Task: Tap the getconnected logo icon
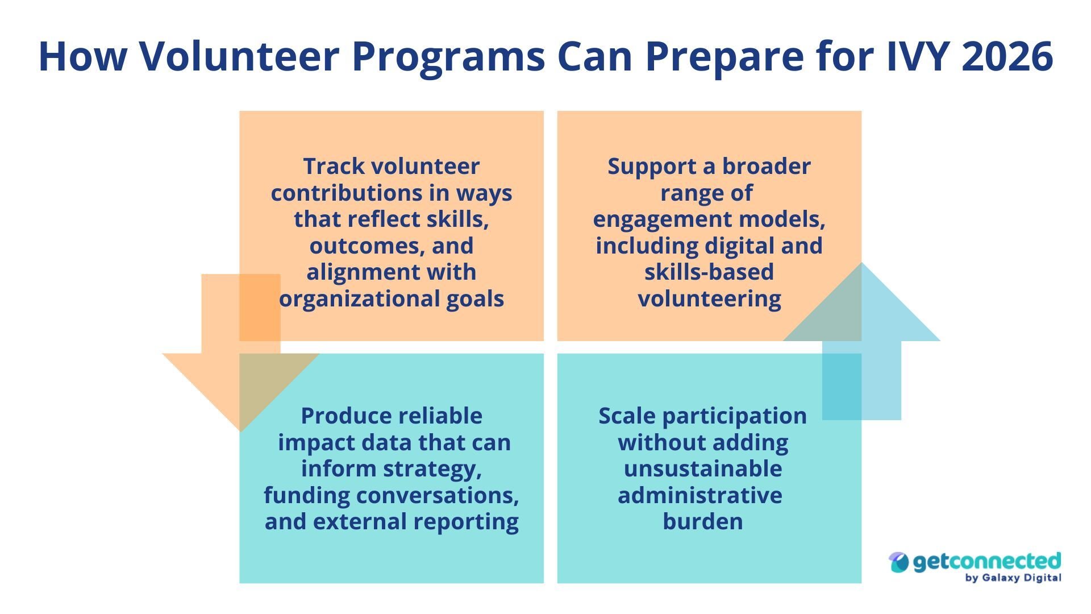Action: click(x=899, y=562)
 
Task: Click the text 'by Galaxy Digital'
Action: click(x=1013, y=578)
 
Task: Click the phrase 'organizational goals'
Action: click(x=392, y=298)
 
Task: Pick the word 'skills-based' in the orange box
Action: click(x=709, y=272)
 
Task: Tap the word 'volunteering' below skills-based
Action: click(x=709, y=298)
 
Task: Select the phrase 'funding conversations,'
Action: click(x=392, y=495)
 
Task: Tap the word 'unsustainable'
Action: click(x=703, y=468)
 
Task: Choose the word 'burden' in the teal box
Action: click(x=703, y=521)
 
